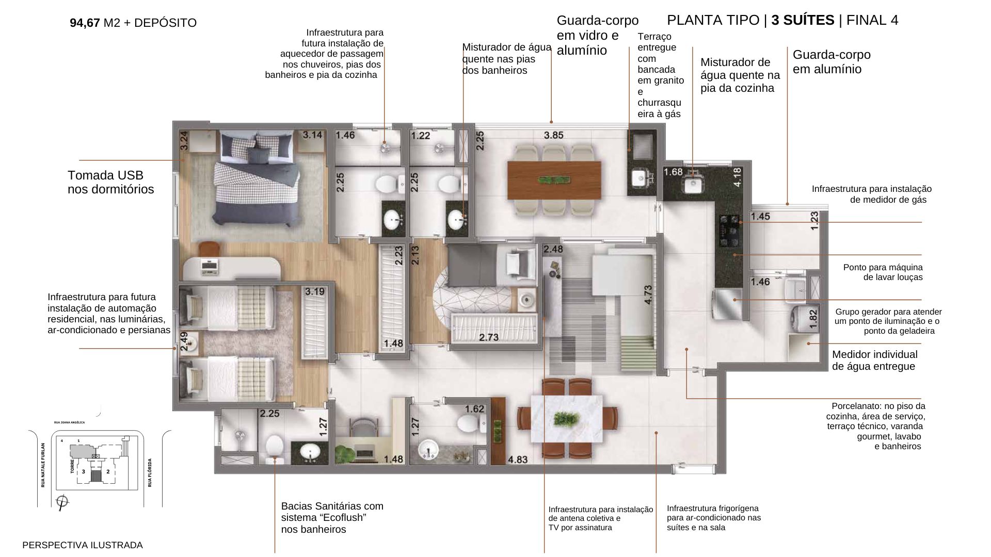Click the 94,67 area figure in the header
pyautogui.click(x=85, y=23)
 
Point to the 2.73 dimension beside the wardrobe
pyautogui.click(x=489, y=337)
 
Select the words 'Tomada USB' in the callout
pyautogui.click(x=106, y=175)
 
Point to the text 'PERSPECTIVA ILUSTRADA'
pyautogui.click(x=83, y=545)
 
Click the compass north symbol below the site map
pyautogui.click(x=62, y=502)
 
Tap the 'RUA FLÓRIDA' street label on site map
pyautogui.click(x=150, y=472)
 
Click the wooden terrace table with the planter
pyautogui.click(x=554, y=180)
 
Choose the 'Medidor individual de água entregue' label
pyautogui.click(x=874, y=361)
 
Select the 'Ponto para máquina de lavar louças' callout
pyautogui.click(x=883, y=272)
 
